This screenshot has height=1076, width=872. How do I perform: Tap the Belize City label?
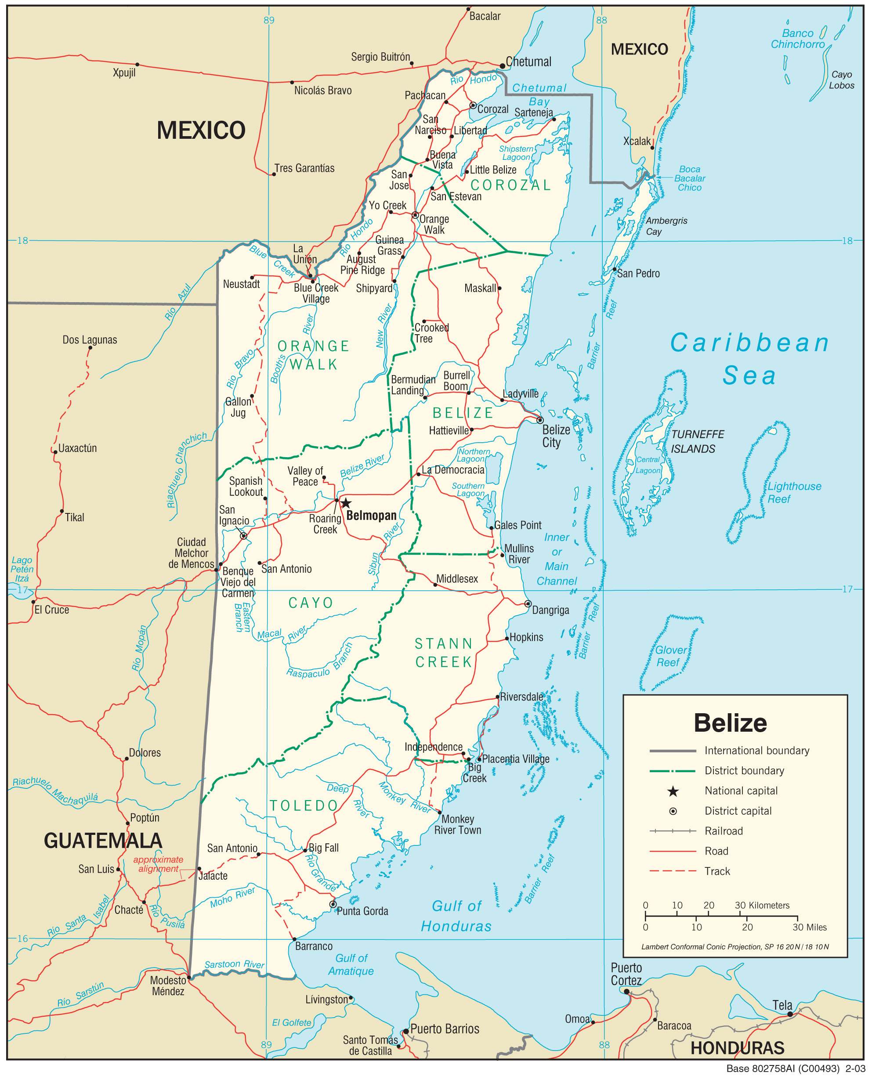tap(556, 436)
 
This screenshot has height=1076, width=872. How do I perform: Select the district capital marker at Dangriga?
tap(528, 603)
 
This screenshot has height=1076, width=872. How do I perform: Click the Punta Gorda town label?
tap(362, 911)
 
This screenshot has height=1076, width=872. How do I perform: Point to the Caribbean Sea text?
tap(749, 358)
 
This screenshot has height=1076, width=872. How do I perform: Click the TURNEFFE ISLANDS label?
tap(697, 441)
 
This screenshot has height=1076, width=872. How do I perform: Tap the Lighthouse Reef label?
tap(794, 492)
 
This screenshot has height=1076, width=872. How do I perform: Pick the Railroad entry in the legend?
tap(724, 830)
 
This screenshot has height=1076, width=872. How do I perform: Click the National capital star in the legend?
tap(673, 791)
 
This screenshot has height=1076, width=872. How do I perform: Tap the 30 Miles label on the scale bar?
tap(809, 927)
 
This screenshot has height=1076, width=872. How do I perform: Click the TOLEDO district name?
tap(304, 805)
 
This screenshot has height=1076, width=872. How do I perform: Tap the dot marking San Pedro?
tap(614, 270)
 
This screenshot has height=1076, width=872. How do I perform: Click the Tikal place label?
tap(74, 517)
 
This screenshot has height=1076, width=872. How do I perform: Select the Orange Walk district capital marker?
tap(415, 215)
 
